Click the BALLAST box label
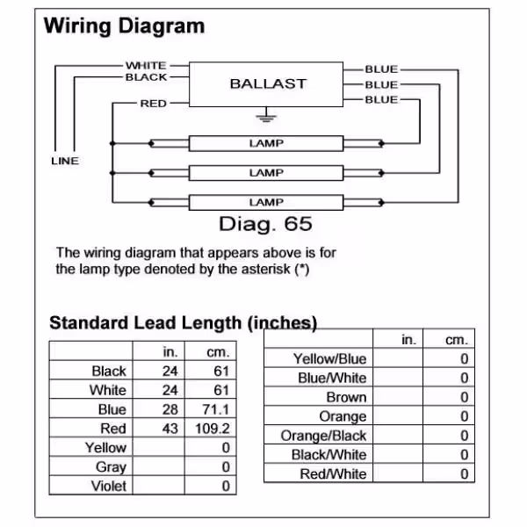(268, 83)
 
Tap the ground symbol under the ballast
(266, 116)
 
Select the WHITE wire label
(146, 65)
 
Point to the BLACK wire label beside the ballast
(146, 77)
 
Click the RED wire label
(153, 104)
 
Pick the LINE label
(65, 161)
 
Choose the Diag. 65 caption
(265, 225)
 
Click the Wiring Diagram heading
(124, 25)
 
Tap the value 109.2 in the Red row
(213, 429)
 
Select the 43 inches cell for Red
(170, 429)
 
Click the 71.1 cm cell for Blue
(216, 409)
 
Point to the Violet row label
(109, 486)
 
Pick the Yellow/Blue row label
(329, 358)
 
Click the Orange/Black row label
(323, 436)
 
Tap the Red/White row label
(333, 474)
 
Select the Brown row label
(346, 397)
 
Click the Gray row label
(111, 467)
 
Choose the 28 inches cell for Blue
(170, 409)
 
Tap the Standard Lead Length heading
(184, 323)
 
